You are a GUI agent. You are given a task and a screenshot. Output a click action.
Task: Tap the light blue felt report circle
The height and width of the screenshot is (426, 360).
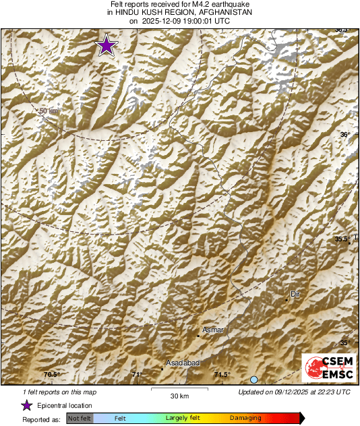pos(254,380)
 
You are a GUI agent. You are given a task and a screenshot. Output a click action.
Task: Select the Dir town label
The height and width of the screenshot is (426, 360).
pos(294,294)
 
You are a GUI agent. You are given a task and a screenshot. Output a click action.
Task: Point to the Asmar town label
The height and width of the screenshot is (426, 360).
pos(213,330)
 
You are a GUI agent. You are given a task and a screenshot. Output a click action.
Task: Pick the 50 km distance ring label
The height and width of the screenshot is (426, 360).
pos(49,111)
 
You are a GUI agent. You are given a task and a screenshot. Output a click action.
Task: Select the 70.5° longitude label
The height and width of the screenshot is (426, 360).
pos(52,375)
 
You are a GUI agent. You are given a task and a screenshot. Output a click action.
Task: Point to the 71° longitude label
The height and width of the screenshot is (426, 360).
pos(138,375)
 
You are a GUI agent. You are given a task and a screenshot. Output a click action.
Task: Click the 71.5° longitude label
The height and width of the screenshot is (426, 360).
pos(222,375)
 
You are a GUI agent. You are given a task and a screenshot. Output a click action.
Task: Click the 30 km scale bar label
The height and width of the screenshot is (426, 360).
pos(179,395)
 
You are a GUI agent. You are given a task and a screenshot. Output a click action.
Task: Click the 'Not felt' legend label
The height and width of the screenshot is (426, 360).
pos(80,419)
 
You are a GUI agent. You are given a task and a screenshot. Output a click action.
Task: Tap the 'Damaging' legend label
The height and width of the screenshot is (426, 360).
pos(245,419)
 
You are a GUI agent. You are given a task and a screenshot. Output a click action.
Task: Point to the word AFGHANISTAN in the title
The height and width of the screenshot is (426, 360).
pos(221,13)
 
